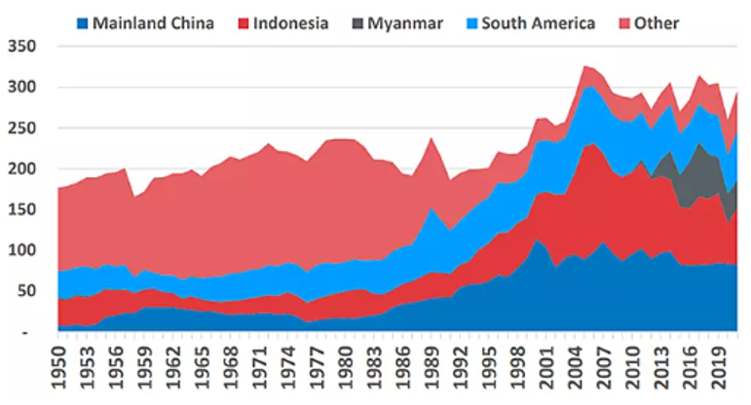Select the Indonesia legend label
point(290,22)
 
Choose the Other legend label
point(657,22)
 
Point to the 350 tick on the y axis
point(20,46)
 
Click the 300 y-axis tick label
point(20,87)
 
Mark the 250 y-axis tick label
point(20,128)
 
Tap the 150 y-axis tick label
point(20,209)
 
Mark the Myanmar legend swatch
point(357,22)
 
